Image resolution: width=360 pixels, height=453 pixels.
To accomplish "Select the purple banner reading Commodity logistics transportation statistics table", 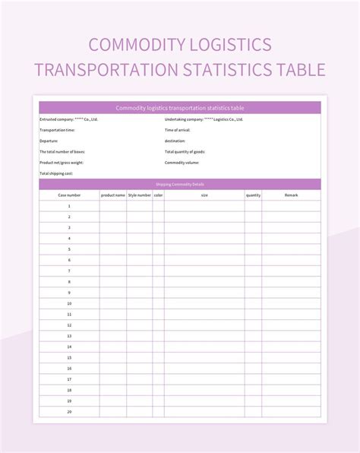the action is coord(180,108).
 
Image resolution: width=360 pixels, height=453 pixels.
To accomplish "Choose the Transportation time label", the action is coord(58,130).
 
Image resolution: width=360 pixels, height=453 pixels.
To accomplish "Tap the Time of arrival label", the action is coord(178,130).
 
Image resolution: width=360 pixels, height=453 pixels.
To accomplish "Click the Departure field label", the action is coord(49,141).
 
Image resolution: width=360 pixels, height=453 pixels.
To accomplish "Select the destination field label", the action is coord(175,141).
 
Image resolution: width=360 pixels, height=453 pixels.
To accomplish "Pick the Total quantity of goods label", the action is coord(185,151).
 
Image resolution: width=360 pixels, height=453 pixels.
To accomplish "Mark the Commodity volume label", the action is coord(182,162).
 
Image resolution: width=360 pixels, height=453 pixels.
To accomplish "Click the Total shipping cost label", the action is coord(56,173).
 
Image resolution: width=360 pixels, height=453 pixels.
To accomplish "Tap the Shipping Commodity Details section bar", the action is coord(180,184).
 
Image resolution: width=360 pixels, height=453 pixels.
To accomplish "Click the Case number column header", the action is coord(69,195).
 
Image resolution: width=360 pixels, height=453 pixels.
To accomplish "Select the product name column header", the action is coord(112,195).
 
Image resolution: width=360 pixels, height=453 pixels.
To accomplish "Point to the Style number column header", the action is coord(139,195).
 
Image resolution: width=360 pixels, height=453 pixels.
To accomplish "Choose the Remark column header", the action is coord(292,195).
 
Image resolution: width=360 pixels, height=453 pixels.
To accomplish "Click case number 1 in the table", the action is coord(69,206).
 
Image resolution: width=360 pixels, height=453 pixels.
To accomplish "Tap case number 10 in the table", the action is coord(69,303).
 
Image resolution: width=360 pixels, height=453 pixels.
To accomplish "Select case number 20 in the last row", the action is coord(69,411).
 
